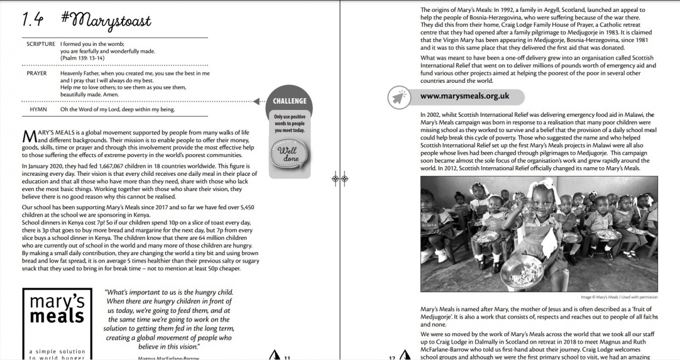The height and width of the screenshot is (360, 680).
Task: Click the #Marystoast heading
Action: tap(107, 21)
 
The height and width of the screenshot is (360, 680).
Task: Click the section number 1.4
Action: tap(33, 21)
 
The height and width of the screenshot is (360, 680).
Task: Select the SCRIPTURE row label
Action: tap(41, 44)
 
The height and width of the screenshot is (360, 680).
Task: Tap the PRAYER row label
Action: tap(37, 74)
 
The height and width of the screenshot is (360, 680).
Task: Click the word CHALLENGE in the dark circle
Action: tap(290, 101)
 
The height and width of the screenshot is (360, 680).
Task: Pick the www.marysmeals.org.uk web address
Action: tap(464, 96)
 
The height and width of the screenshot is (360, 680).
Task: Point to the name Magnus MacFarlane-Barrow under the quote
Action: tap(169, 358)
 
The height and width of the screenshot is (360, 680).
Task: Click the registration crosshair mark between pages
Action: tap(339, 179)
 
